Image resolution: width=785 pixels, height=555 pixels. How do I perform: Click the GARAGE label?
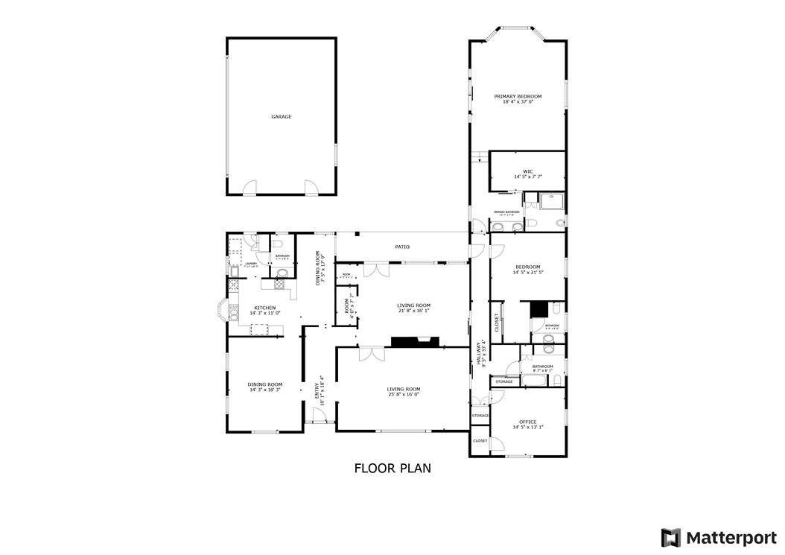(x=281, y=117)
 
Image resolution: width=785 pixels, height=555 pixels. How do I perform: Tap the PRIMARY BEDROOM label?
(x=518, y=97)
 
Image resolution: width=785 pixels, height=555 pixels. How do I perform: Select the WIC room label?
(x=528, y=171)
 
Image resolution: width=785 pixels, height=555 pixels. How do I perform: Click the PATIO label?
(x=402, y=247)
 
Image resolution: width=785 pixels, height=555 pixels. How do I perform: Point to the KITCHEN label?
(x=265, y=308)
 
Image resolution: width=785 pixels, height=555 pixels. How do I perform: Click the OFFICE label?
(x=528, y=422)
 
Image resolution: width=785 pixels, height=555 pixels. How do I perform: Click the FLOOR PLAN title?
(x=392, y=468)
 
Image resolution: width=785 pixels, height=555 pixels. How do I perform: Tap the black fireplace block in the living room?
(x=414, y=342)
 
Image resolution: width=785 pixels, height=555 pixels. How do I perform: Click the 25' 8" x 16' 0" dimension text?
(x=403, y=395)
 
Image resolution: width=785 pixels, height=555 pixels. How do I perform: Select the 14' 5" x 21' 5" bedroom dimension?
(x=528, y=273)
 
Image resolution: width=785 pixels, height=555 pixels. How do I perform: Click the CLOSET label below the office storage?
(x=480, y=440)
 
